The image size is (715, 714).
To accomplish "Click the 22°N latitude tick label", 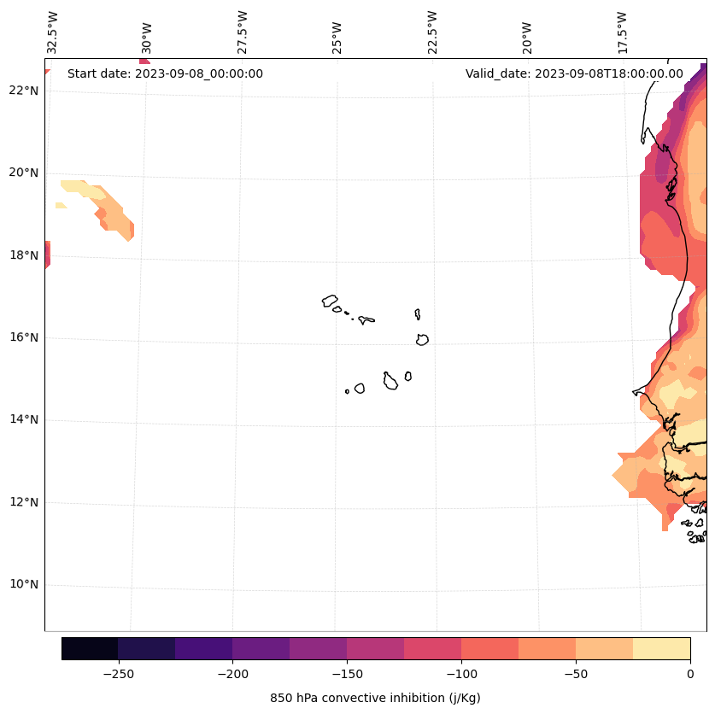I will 23,91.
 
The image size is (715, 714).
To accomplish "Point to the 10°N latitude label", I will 23,585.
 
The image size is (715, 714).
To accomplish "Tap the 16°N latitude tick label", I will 23,337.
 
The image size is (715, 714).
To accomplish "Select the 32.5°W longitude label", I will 53,32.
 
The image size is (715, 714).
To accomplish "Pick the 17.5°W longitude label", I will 623,32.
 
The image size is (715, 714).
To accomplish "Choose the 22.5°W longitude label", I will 432,32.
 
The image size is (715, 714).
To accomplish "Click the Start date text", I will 165,73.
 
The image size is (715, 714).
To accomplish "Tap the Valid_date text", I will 574,73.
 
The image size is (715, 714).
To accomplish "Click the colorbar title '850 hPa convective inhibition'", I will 375,698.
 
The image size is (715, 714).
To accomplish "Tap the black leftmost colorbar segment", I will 90,649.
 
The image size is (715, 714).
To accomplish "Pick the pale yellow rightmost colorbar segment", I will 661,649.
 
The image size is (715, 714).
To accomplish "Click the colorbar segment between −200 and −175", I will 261,649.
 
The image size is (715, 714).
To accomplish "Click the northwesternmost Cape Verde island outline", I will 330,301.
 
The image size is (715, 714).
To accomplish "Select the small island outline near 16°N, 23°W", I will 422,339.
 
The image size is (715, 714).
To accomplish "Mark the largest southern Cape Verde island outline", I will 390,382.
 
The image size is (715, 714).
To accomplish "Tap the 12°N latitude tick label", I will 23,502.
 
